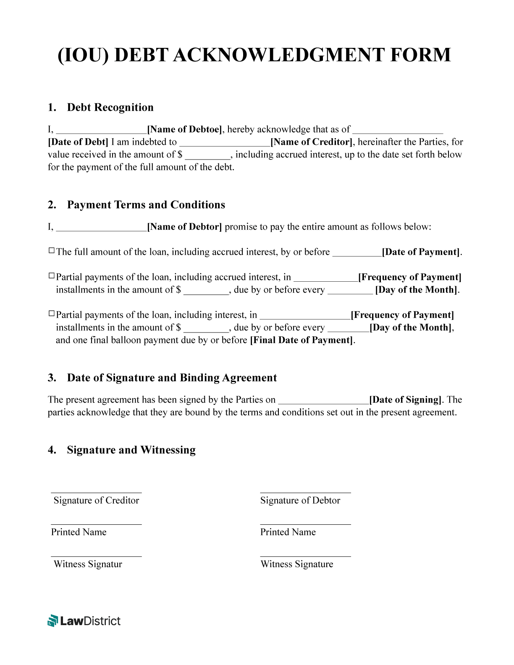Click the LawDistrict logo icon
pyautogui.click(x=52, y=620)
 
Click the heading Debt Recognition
pyautogui.click(x=110, y=107)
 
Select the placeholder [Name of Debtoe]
pyautogui.click(x=185, y=129)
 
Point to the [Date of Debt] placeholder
pyautogui.click(x=78, y=142)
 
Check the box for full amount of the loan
pyautogui.click(x=52, y=251)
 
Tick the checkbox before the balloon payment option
pyautogui.click(x=52, y=314)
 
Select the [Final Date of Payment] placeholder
pyautogui.click(x=302, y=340)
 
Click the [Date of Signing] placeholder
pyautogui.click(x=405, y=400)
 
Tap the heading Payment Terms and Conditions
pyautogui.click(x=146, y=205)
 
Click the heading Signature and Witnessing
pyautogui.click(x=131, y=450)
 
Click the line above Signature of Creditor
pyautogui.click(x=96, y=492)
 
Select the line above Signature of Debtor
pyautogui.click(x=305, y=492)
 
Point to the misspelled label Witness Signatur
pyautogui.click(x=88, y=564)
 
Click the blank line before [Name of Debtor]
pyautogui.click(x=101, y=229)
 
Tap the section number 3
pyautogui.click(x=52, y=378)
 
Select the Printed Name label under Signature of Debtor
pyautogui.click(x=288, y=532)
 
